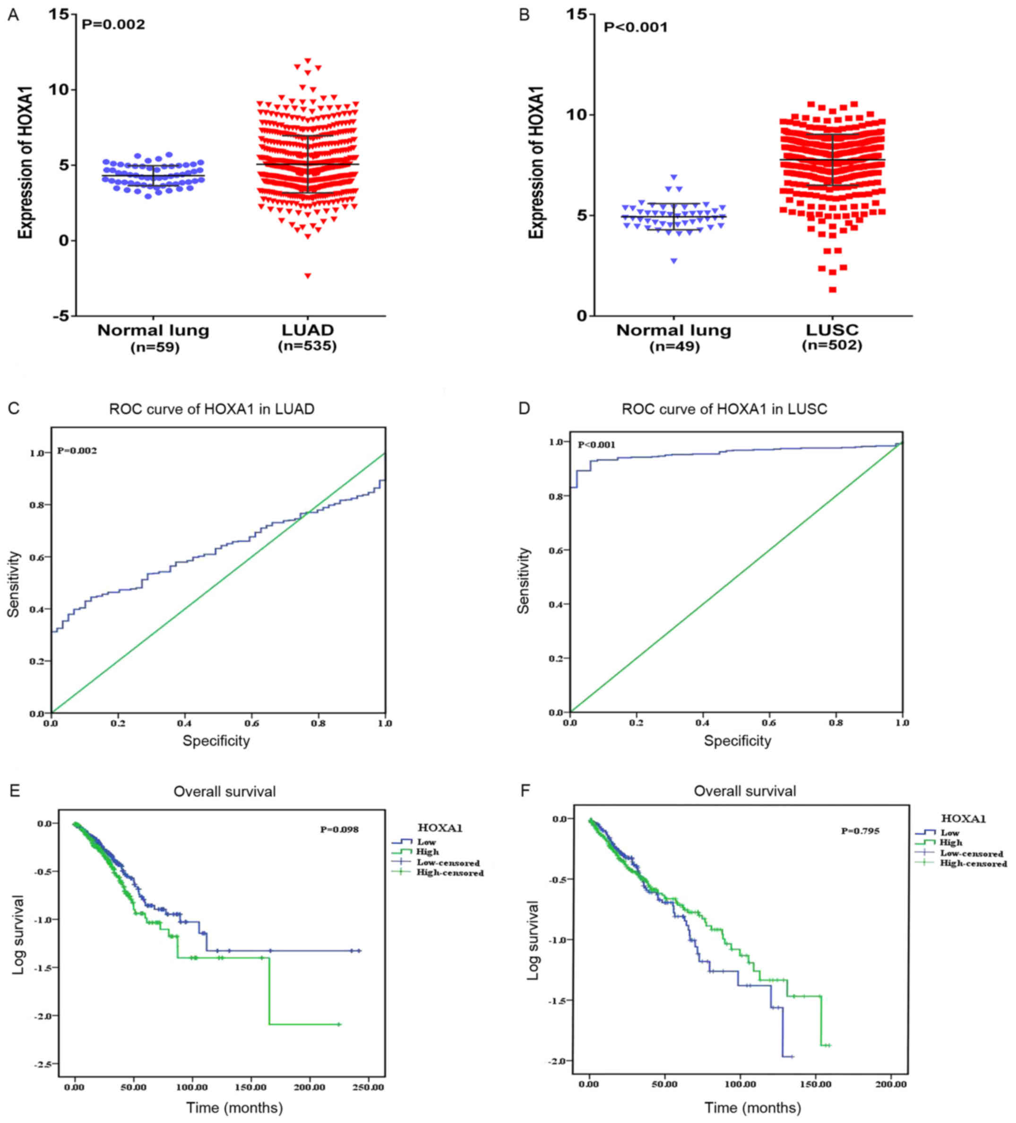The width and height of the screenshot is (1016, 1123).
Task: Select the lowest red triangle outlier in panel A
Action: [308, 276]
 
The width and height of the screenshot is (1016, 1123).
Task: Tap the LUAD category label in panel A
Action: [307, 330]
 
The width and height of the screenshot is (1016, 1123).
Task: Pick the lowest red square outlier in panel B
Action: [832, 289]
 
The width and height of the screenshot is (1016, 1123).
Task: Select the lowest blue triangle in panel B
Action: [674, 261]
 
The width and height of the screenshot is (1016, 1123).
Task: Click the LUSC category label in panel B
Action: [832, 330]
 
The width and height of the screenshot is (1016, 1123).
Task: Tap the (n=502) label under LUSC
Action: [832, 345]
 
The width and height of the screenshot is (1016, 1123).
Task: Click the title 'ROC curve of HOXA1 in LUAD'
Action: [212, 409]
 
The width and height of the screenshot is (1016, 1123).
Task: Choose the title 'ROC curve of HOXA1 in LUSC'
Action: [724, 409]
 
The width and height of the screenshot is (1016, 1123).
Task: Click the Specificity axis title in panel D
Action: [737, 740]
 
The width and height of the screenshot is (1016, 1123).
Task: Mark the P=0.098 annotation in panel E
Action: [339, 829]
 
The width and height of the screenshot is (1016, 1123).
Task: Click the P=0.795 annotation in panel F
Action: [861, 831]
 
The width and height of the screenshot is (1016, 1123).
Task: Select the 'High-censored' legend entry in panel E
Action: [450, 873]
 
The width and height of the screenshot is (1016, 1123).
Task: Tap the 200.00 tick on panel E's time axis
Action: [310, 1087]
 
